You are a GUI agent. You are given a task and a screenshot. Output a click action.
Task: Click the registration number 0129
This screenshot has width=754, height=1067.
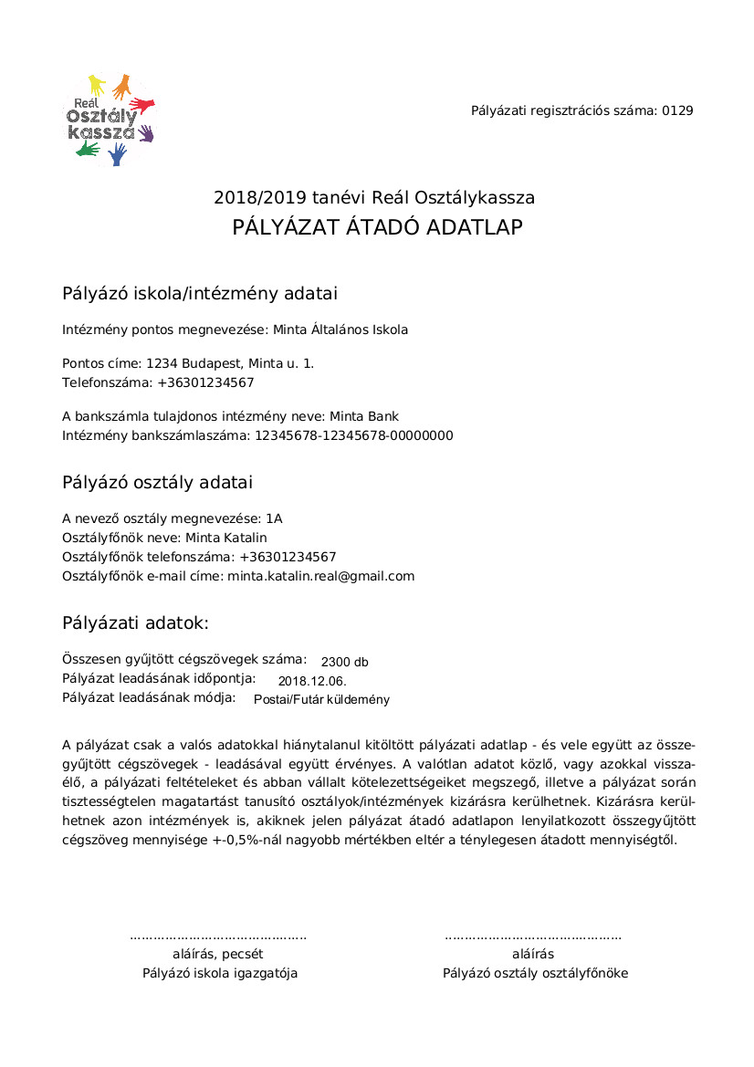pos(677,110)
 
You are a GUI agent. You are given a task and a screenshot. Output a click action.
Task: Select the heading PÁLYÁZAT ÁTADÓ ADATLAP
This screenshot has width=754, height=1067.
pos(377,227)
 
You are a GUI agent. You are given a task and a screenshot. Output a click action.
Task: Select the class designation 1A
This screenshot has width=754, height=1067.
pos(274,518)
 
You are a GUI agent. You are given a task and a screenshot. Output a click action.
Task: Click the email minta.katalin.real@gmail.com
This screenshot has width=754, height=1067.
pos(320,576)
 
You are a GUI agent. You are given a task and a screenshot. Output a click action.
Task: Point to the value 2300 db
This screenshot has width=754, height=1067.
pos(344,662)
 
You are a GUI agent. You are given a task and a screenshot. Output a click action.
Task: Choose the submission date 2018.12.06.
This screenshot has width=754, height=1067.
pos(312,681)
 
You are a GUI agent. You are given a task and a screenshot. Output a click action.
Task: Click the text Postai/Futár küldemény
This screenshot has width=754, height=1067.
pos(321,700)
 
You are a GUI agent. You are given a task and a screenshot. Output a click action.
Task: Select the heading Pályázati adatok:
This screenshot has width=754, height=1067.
pos(135,623)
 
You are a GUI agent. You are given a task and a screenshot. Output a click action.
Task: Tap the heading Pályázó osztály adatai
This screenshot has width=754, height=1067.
pos(157,482)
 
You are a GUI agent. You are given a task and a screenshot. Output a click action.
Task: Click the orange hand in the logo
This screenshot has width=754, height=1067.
pos(120,88)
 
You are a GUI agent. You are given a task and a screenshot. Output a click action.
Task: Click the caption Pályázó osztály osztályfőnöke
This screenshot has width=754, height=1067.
pos(535,973)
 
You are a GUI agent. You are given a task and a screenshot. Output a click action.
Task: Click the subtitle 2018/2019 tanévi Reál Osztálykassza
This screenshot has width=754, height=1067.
pos(374,197)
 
